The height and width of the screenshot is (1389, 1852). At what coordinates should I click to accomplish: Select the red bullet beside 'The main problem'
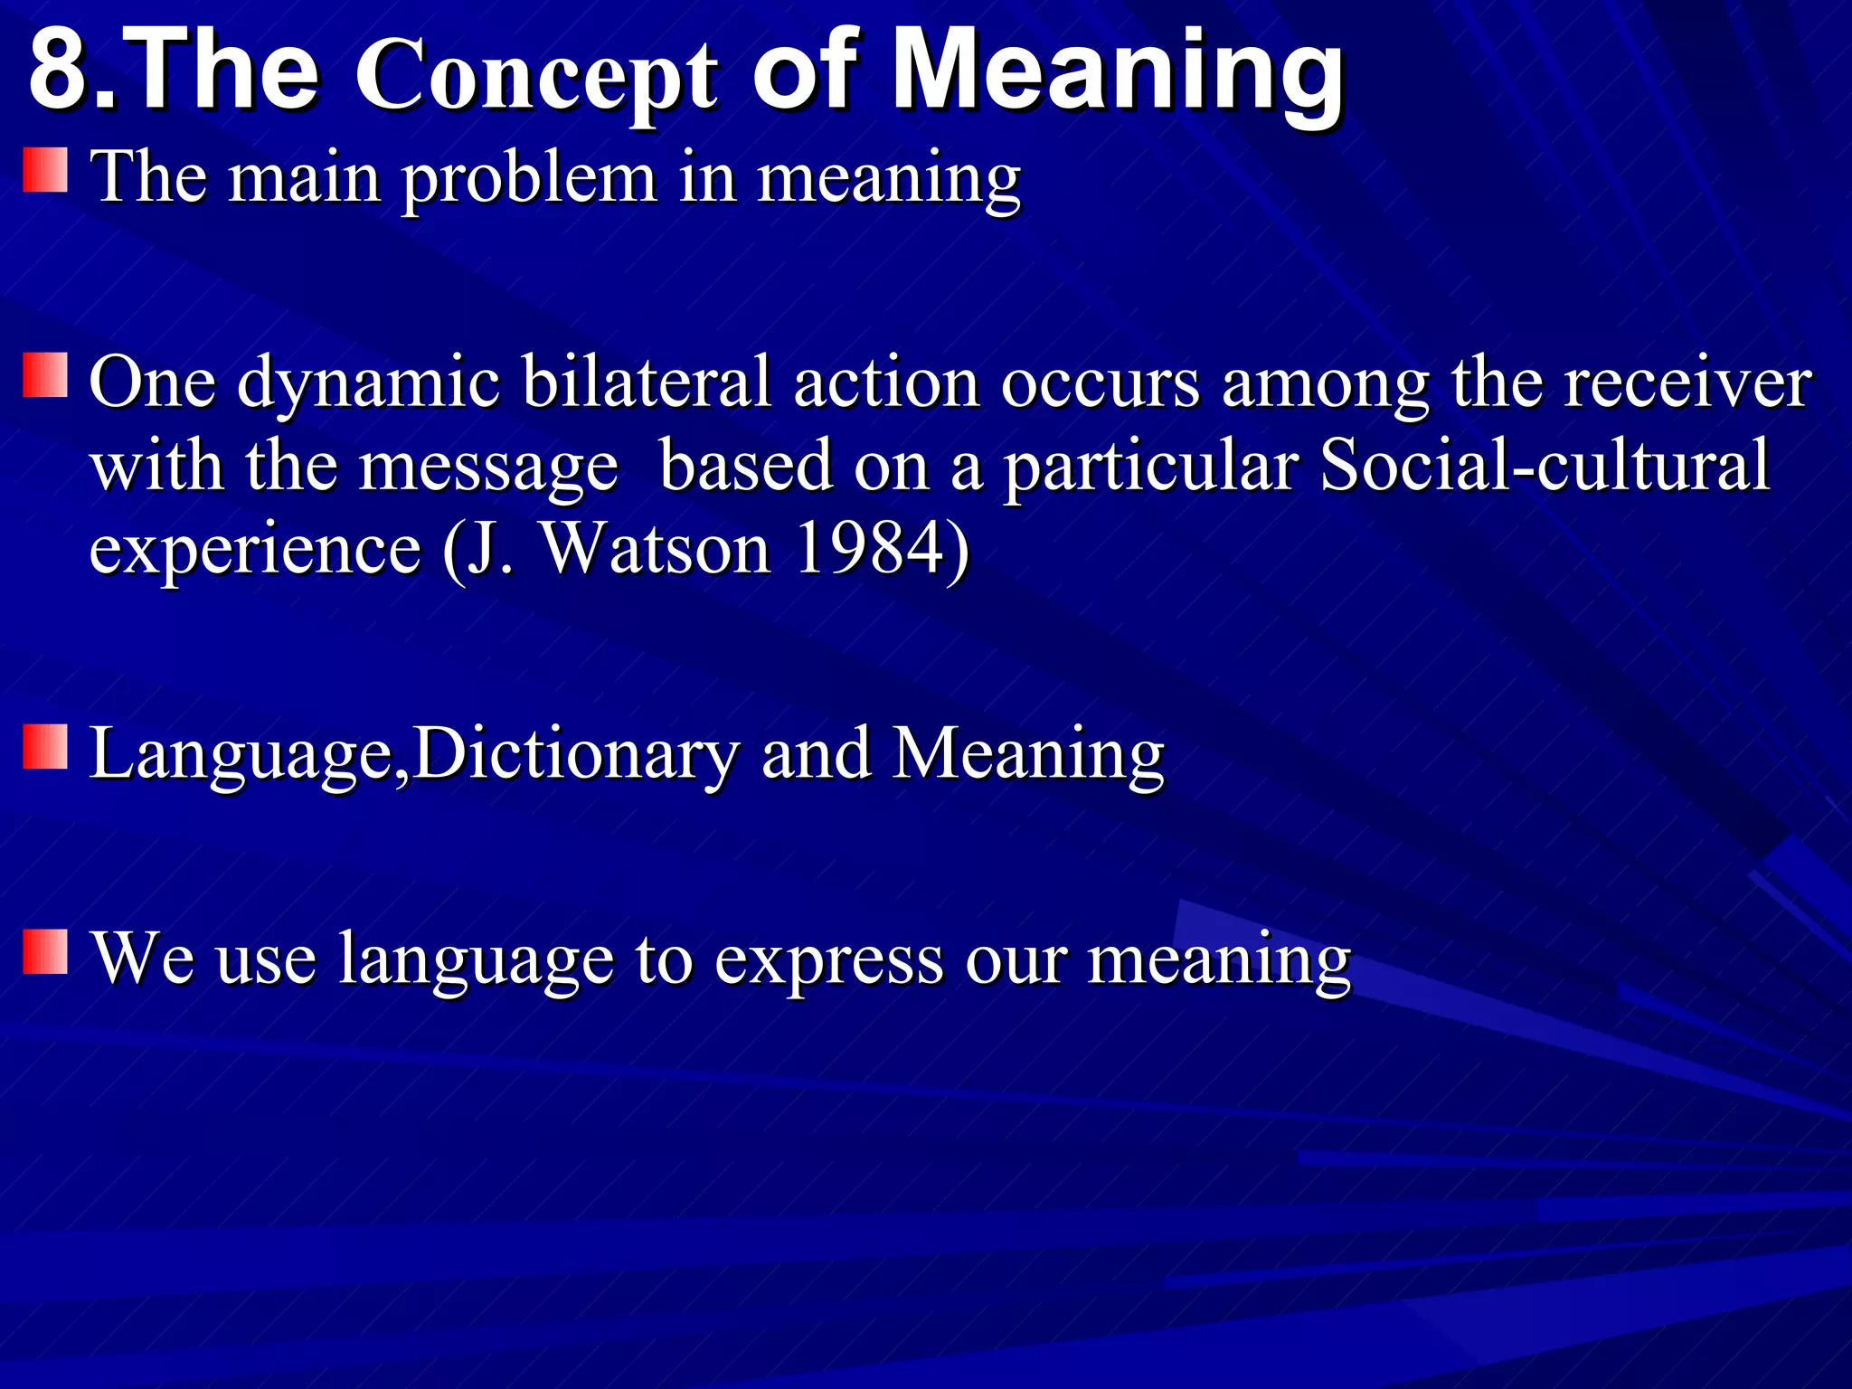(45, 171)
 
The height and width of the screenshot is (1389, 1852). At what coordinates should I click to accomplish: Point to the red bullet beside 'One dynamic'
(45, 375)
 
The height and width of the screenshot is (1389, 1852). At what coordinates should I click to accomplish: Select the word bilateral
(646, 383)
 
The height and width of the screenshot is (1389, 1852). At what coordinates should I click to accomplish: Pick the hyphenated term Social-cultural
(1544, 466)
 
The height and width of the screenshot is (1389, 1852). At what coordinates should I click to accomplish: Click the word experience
(255, 551)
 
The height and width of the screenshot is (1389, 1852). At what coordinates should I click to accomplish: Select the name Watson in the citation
(656, 549)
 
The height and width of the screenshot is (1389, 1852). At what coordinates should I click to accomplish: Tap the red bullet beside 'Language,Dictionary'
(45, 746)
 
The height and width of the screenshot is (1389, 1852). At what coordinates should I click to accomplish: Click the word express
(828, 959)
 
